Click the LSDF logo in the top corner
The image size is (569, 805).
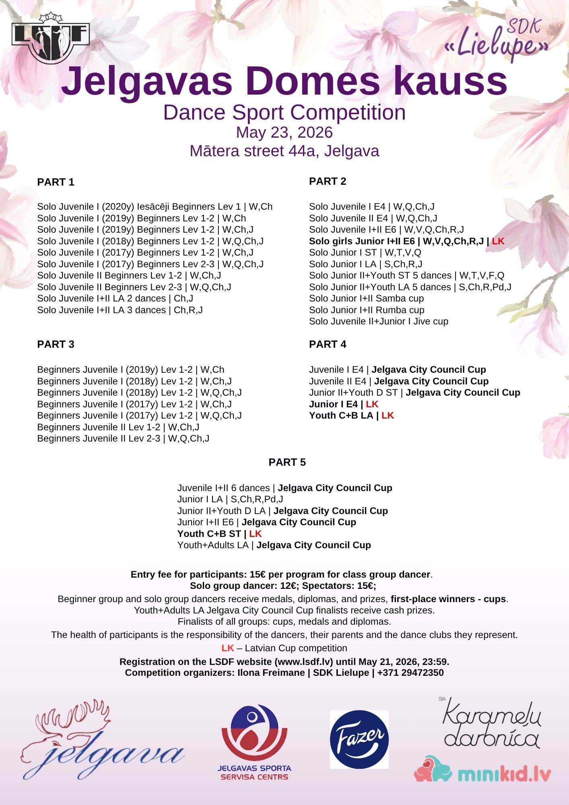click(x=51, y=38)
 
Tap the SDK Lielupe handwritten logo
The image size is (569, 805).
click(x=499, y=40)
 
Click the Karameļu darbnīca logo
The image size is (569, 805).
click(x=491, y=724)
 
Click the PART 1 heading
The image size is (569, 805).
click(x=56, y=182)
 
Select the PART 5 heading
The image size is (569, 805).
click(x=287, y=462)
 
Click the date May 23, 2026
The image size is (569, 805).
click(x=284, y=132)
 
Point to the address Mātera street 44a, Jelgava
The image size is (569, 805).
click(x=284, y=151)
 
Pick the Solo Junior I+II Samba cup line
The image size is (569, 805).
click(x=366, y=298)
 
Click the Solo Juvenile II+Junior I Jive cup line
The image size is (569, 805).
click(x=378, y=321)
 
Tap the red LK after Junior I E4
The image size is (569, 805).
click(x=372, y=404)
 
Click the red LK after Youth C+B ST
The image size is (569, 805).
click(x=256, y=534)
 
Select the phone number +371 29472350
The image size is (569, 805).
click(x=410, y=673)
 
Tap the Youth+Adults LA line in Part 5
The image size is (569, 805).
click(x=274, y=545)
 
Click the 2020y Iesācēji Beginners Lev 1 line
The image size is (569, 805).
click(x=155, y=206)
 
